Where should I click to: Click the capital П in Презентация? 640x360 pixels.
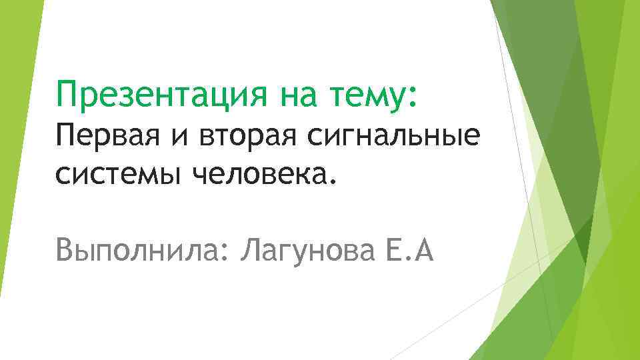click(67, 93)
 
